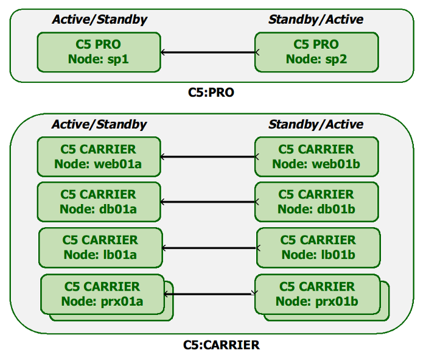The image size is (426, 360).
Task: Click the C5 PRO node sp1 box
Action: (x=99, y=52)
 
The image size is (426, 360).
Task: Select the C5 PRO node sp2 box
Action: (x=316, y=52)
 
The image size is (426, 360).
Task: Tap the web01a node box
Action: (x=99, y=157)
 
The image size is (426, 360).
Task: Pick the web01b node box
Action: (x=316, y=157)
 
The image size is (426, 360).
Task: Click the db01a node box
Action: (x=99, y=202)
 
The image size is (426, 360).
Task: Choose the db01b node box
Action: (x=316, y=202)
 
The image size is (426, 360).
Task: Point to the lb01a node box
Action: (x=100, y=248)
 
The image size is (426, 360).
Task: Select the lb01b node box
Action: (x=318, y=248)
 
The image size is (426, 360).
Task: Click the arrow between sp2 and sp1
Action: (x=208, y=52)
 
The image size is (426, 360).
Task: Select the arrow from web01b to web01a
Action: (x=208, y=157)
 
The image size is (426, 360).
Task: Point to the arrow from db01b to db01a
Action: (x=208, y=202)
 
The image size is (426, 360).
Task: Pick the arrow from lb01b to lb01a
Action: (x=209, y=248)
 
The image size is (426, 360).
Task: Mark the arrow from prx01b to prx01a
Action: (x=210, y=294)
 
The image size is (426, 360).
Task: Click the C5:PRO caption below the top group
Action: (x=211, y=93)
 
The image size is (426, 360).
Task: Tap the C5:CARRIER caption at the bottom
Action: (x=222, y=345)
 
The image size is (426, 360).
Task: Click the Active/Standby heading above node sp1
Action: (x=99, y=19)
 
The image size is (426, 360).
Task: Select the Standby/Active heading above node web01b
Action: (x=316, y=124)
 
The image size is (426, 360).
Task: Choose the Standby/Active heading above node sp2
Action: (x=316, y=19)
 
